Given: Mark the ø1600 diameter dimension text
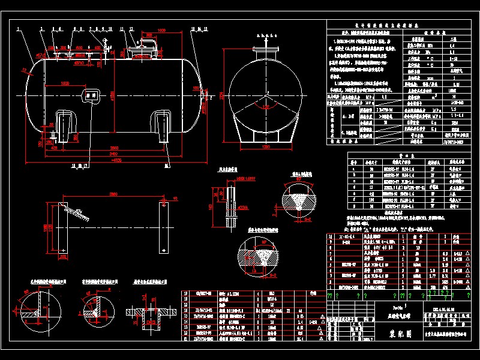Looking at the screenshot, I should pos(112,96).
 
